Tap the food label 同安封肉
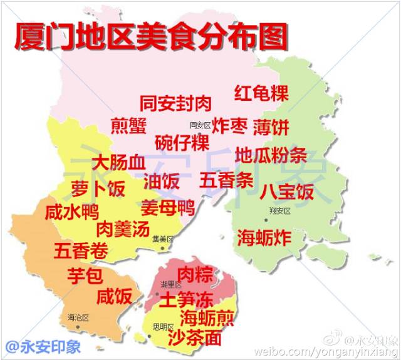point(175,103)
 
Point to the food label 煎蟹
point(128,125)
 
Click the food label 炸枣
point(229,125)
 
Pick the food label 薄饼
point(271,127)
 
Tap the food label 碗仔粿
point(182,142)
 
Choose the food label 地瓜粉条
point(271,154)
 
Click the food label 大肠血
point(119,163)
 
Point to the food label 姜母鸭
point(167,207)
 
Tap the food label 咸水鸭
point(72,212)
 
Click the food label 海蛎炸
point(263,237)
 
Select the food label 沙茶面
point(195,338)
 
